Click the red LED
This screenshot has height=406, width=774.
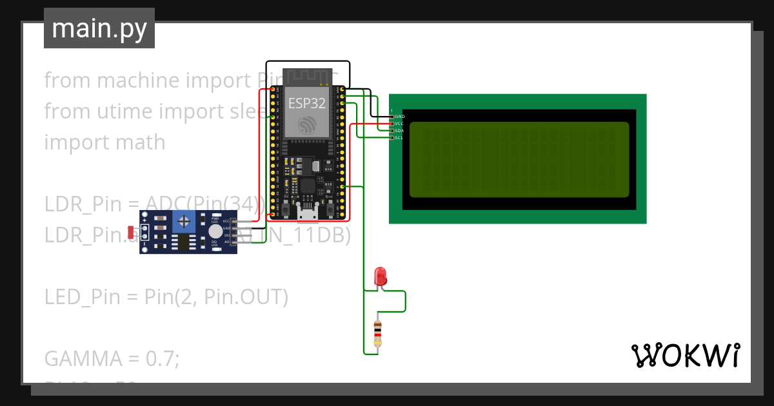(x=381, y=276)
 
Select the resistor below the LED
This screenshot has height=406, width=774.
(x=377, y=333)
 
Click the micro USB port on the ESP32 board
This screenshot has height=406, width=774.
(x=307, y=210)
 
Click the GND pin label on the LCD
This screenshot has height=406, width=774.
(x=399, y=116)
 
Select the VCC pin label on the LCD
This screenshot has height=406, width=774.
(x=399, y=123)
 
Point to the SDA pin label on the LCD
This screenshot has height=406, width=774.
(x=399, y=130)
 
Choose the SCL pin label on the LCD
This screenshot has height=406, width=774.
(x=399, y=137)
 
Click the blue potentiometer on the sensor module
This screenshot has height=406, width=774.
(x=185, y=223)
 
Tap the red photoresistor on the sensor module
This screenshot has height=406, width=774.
(x=131, y=231)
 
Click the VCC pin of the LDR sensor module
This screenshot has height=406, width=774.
(x=226, y=221)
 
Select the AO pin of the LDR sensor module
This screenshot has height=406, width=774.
(x=226, y=242)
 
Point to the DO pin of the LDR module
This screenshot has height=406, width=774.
(x=226, y=235)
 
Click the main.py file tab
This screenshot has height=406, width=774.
(x=99, y=28)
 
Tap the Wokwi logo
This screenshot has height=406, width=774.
(x=684, y=355)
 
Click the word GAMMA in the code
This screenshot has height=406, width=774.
(x=74, y=358)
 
